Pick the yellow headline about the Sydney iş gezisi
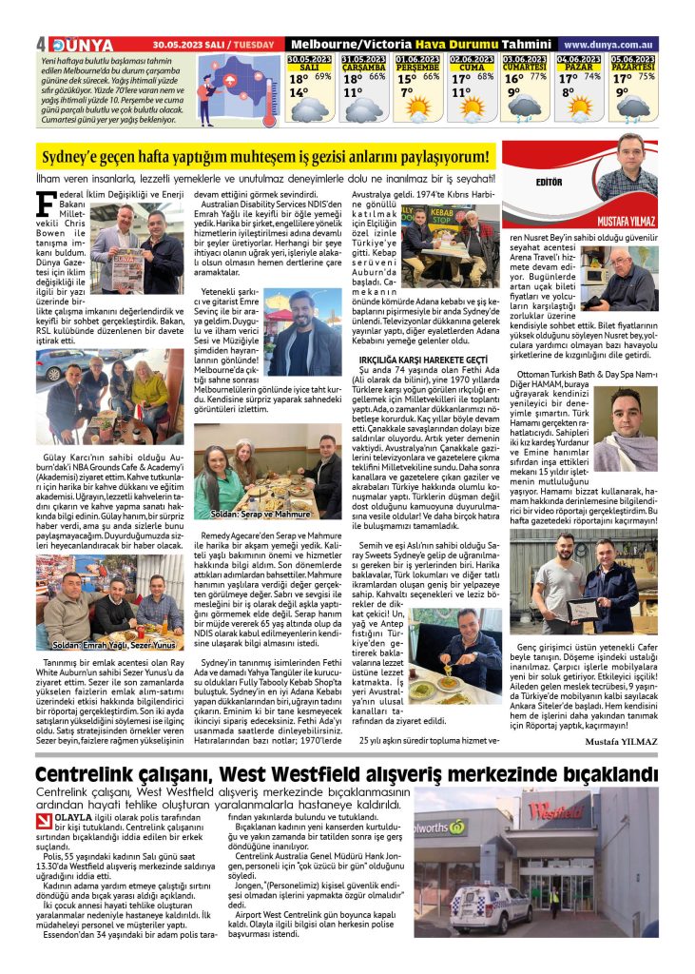pos(266,156)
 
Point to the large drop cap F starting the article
pos(44,204)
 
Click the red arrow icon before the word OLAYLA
pos(45,817)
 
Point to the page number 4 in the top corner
pos(40,45)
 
